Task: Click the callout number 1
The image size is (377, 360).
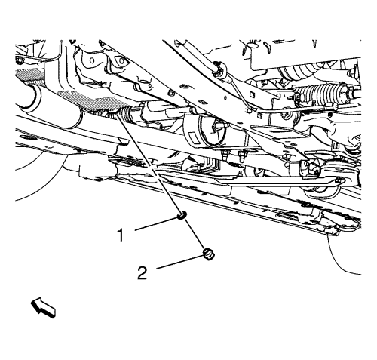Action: (x=121, y=235)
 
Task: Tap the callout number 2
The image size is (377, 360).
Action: (x=143, y=273)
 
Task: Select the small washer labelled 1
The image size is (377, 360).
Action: (x=182, y=215)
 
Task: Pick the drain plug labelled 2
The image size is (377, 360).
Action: (x=208, y=254)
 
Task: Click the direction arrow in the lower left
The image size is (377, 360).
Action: (x=43, y=307)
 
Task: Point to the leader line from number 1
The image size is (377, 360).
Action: (x=156, y=224)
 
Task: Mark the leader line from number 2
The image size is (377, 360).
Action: (x=179, y=263)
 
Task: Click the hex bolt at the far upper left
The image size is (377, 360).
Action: (x=20, y=60)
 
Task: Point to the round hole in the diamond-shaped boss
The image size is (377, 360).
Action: (x=121, y=61)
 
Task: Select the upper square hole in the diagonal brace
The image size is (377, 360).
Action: (x=251, y=94)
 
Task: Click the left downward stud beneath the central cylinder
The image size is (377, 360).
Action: (x=224, y=155)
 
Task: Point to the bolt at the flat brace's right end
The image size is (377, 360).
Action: (x=339, y=180)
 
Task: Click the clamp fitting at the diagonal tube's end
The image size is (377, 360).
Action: (x=218, y=69)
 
